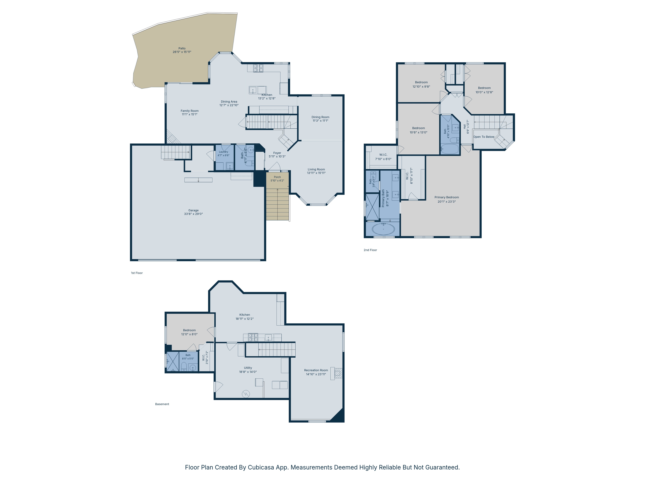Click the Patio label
coord(182,48)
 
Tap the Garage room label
coord(193,210)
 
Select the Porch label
coord(277,177)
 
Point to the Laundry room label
coord(223,152)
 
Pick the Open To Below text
coord(484,137)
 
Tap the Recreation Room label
coord(316,370)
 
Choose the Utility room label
coord(248,368)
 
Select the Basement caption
coord(162,404)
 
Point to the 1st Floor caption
coord(137,273)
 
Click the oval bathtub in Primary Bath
coord(383,229)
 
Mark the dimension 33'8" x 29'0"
coord(193,214)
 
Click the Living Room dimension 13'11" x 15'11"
coord(316,173)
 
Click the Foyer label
coord(277,153)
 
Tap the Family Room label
coord(189,111)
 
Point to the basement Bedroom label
coord(189,330)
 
